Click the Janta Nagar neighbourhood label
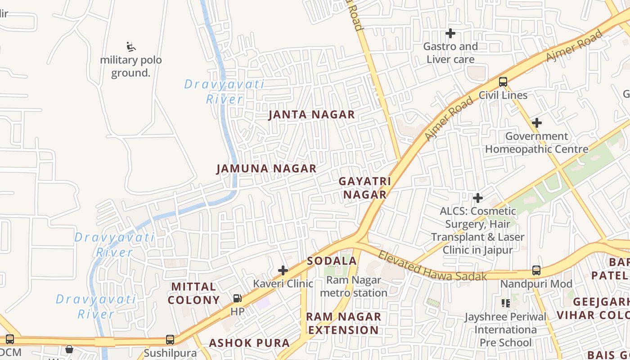click(312, 115)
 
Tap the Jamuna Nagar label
click(266, 169)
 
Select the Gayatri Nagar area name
click(364, 188)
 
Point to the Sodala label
click(332, 261)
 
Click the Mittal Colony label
click(193, 293)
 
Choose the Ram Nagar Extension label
click(343, 323)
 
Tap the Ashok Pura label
click(249, 343)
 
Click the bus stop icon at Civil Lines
click(503, 82)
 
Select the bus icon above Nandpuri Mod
click(536, 270)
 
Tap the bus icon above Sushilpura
click(170, 340)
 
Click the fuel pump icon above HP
click(237, 298)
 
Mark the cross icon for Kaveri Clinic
click(283, 270)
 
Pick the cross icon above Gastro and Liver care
click(450, 33)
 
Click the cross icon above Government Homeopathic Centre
click(536, 123)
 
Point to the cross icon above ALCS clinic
click(478, 198)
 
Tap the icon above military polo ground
click(131, 46)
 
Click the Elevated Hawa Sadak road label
click(432, 266)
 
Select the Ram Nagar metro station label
click(356, 287)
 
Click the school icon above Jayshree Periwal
click(506, 303)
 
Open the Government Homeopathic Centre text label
click(536, 143)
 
